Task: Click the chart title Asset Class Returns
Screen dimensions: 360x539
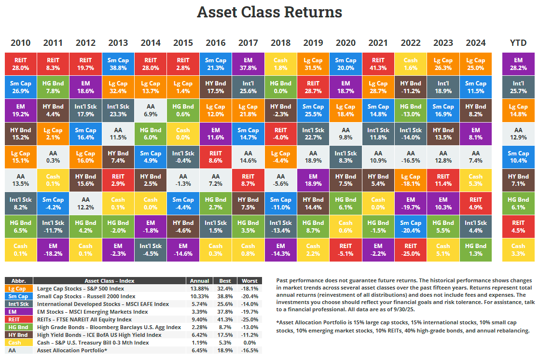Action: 269,12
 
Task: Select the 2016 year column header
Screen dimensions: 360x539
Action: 216,43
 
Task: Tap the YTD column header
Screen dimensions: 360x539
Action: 518,43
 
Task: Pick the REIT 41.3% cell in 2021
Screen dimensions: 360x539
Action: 378,64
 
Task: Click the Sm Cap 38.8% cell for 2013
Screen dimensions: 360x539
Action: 118,64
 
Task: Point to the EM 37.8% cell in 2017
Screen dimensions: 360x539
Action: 248,64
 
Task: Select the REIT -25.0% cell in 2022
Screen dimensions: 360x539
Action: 410,249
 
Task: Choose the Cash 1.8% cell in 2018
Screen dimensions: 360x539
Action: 280,64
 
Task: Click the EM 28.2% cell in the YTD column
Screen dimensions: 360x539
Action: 518,64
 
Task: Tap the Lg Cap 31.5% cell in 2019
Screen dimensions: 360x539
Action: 313,64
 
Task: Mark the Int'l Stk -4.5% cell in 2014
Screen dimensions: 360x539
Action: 151,249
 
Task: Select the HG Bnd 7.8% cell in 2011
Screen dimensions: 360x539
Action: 53,87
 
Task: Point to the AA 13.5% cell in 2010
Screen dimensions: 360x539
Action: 20,180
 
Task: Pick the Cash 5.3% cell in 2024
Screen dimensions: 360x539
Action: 475,180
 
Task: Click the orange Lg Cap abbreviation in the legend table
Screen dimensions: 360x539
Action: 18,289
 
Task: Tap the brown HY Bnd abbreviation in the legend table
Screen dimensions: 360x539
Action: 18,335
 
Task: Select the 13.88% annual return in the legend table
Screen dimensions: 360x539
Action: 199,289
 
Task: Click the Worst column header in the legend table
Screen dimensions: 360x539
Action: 249,281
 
